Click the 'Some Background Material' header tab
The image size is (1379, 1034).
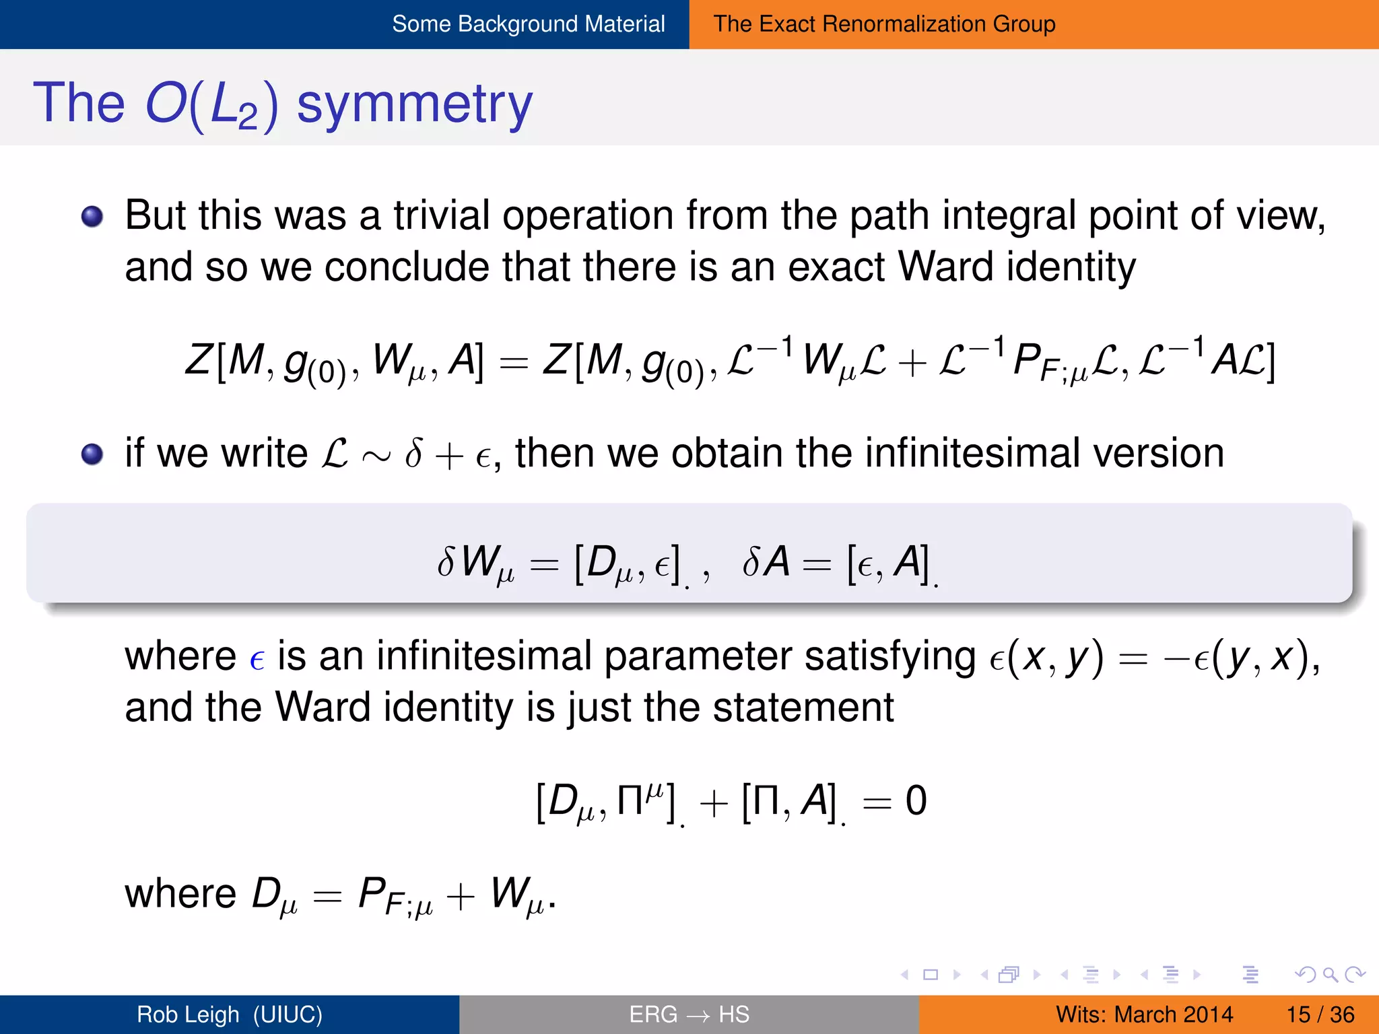tap(528, 24)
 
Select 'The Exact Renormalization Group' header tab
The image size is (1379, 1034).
tap(884, 24)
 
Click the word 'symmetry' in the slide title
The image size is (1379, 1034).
tap(414, 104)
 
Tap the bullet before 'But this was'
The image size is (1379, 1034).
tap(92, 217)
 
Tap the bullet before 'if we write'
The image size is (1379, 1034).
tap(92, 454)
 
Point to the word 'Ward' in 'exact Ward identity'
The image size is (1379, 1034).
tap(945, 267)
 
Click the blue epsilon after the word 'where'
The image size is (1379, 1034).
tap(257, 659)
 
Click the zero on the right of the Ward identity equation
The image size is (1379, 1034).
tap(916, 801)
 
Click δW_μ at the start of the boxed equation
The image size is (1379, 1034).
tap(475, 563)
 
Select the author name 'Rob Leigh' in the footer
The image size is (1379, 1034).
tap(188, 1014)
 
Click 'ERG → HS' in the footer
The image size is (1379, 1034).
tap(689, 1014)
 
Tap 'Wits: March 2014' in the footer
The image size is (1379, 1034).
tap(1144, 1014)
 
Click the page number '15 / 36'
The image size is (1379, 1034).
tap(1320, 1014)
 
